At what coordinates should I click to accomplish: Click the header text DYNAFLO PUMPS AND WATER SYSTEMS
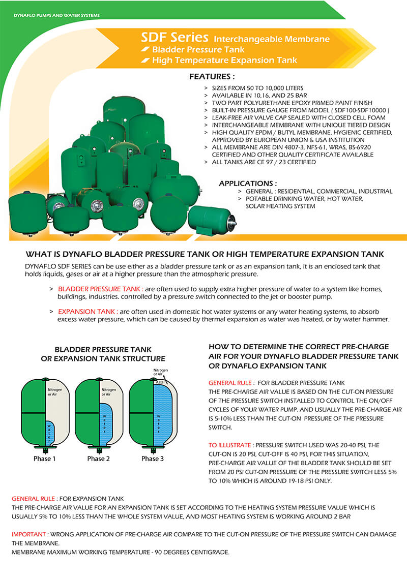pyautogui.click(x=56, y=15)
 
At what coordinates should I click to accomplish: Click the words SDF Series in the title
pyautogui.click(x=175, y=37)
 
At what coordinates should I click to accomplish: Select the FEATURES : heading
pyautogui.click(x=212, y=77)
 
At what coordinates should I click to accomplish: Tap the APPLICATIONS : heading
pyautogui.click(x=248, y=183)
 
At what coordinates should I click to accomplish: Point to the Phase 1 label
pyautogui.click(x=42, y=459)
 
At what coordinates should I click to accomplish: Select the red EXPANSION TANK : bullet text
pyautogui.click(x=89, y=311)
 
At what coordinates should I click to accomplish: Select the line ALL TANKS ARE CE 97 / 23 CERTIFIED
pyautogui.click(x=264, y=162)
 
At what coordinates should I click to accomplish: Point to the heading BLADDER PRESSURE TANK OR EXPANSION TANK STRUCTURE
pyautogui.click(x=103, y=354)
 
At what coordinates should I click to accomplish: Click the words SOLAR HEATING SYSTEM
pyautogui.click(x=280, y=206)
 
